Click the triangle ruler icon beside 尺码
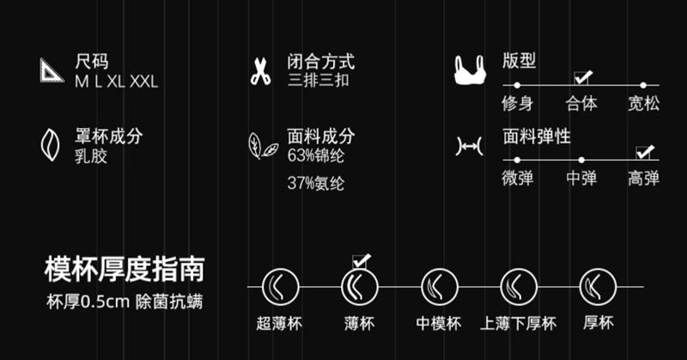click(52, 71)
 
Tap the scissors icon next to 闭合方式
click(260, 71)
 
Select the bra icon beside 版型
click(470, 70)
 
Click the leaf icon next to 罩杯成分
click(51, 143)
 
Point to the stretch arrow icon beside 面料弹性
click(470, 149)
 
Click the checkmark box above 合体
click(583, 76)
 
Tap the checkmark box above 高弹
click(644, 152)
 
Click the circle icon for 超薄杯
click(278, 285)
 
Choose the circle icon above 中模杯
click(439, 285)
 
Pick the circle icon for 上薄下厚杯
click(519, 285)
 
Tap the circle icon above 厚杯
click(598, 285)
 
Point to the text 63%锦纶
click(316, 156)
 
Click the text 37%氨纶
click(316, 184)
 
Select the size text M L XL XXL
click(116, 82)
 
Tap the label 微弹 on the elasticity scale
click(518, 179)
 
